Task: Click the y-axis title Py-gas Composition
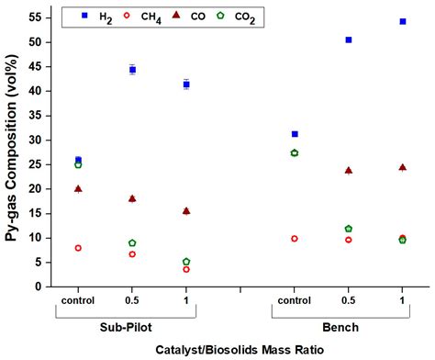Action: (13, 152)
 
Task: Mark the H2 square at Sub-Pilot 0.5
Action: (132, 70)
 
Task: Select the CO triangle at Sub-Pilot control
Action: (78, 188)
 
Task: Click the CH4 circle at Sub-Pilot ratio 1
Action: (186, 269)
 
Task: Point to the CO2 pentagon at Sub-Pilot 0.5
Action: (132, 243)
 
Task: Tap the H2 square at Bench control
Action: (295, 134)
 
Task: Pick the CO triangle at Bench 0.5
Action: (349, 170)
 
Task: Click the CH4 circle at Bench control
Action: (295, 238)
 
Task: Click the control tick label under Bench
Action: (295, 301)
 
